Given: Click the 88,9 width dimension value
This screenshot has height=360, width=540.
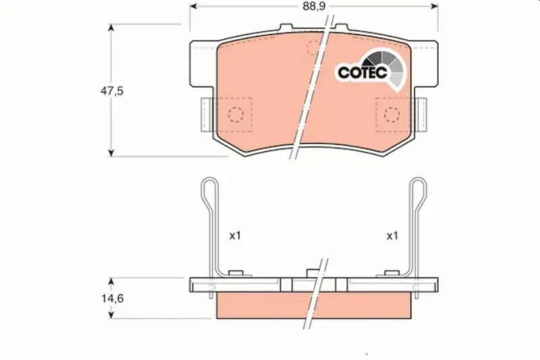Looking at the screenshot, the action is (314, 7).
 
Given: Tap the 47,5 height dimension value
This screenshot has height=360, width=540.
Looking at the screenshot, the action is (111, 91).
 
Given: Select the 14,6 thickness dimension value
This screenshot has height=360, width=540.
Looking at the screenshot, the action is (112, 299).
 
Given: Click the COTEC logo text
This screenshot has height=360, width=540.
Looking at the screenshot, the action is (362, 72).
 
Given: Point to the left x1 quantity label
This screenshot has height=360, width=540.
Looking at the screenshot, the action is (235, 236).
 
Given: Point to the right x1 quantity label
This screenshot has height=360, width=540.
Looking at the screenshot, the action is (392, 236).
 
